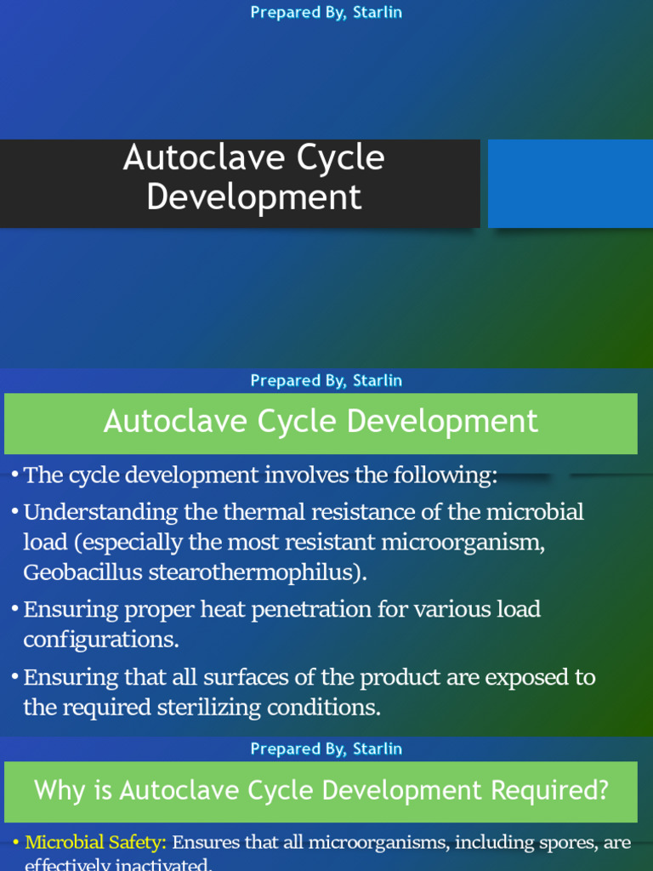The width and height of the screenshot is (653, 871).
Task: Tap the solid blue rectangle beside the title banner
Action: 570,184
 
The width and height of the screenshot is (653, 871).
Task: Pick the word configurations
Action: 101,640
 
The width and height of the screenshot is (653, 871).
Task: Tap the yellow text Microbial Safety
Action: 95,843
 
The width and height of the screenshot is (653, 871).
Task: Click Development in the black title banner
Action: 253,197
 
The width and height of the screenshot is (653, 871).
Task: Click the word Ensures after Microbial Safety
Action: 207,843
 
